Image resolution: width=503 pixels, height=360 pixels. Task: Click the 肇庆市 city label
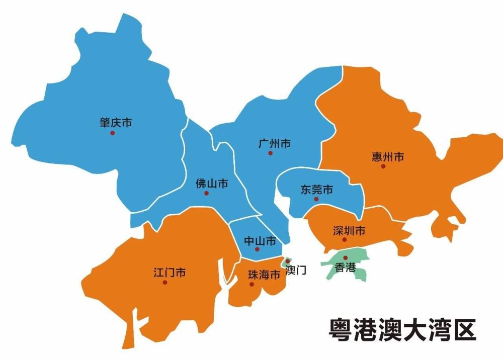[116, 122]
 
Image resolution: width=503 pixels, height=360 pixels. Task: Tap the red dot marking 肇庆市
[113, 133]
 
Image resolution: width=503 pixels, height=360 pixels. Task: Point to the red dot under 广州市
[270, 153]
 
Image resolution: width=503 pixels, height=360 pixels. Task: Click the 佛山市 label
[211, 184]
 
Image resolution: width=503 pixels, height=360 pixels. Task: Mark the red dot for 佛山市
[206, 193]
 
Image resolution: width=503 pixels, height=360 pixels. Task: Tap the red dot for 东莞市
[316, 199]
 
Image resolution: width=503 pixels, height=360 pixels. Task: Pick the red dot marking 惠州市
[383, 166]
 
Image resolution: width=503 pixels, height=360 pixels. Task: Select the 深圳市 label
[349, 231]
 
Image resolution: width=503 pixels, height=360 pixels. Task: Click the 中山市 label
[260, 241]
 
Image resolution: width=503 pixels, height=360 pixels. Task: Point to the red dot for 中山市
[257, 249]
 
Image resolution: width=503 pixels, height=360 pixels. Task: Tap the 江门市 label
[170, 273]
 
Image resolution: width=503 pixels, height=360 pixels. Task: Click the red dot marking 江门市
[165, 283]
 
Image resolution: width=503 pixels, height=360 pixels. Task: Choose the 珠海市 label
[264, 275]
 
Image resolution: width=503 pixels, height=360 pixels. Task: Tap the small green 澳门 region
[287, 262]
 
